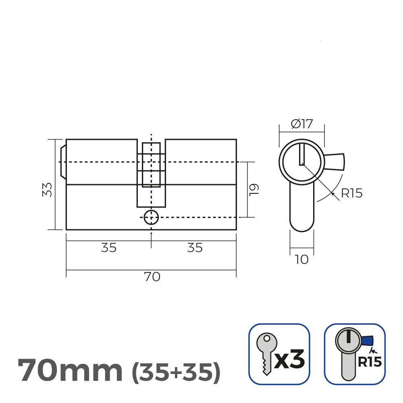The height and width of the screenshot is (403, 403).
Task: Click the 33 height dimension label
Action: [47, 190]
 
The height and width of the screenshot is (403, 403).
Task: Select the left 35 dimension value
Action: [109, 248]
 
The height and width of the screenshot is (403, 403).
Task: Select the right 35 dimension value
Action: [195, 248]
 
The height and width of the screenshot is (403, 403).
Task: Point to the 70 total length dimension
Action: [152, 277]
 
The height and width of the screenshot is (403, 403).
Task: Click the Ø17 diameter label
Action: [302, 124]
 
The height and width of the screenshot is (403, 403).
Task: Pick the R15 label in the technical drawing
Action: [351, 193]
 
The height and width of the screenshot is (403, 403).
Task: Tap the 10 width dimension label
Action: [301, 259]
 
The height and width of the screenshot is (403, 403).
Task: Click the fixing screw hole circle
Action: [151, 217]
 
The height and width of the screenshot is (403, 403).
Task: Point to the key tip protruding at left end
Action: [63, 162]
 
